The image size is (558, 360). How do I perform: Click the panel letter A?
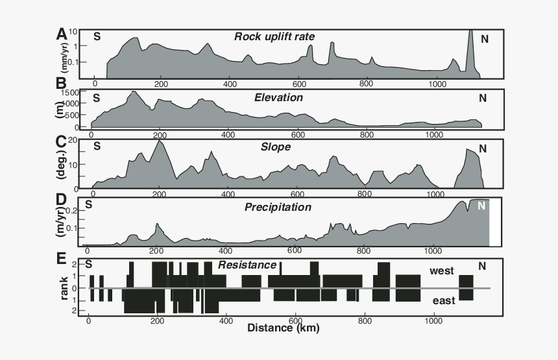tap(61, 34)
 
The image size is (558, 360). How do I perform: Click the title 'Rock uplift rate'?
tap(274, 36)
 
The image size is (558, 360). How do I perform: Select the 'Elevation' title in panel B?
tap(278, 97)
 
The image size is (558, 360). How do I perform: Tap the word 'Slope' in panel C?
tap(275, 147)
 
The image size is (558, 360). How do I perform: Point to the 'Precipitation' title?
tap(278, 208)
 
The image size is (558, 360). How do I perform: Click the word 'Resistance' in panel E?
tap(247, 265)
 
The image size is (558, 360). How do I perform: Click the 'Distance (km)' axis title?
tap(283, 328)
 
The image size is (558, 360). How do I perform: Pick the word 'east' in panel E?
tap(444, 300)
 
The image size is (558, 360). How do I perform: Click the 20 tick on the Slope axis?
tap(73, 140)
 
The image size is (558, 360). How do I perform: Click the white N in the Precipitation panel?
tap(481, 206)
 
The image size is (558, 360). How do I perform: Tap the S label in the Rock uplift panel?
tap(97, 36)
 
